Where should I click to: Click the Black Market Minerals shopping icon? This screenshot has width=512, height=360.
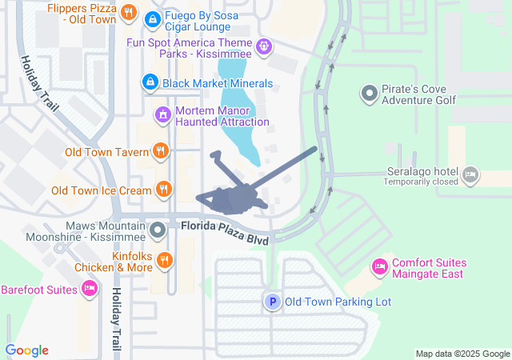pyautogui.click(x=150, y=82)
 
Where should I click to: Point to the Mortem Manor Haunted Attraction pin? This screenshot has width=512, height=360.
pyautogui.click(x=163, y=115)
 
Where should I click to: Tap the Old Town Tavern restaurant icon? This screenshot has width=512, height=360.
pyautogui.click(x=162, y=151)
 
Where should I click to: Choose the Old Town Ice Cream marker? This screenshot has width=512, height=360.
pyautogui.click(x=163, y=190)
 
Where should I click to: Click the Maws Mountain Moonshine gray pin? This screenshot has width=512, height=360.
pyautogui.click(x=158, y=230)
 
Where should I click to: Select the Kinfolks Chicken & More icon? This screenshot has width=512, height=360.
pyautogui.click(x=164, y=260)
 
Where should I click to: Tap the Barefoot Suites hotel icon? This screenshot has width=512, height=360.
pyautogui.click(x=90, y=289)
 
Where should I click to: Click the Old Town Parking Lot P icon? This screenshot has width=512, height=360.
pyautogui.click(x=273, y=302)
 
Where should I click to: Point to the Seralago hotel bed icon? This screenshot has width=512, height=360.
pyautogui.click(x=470, y=173)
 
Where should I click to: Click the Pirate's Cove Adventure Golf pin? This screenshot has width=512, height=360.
pyautogui.click(x=369, y=94)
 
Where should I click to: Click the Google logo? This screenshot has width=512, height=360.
pyautogui.click(x=26, y=350)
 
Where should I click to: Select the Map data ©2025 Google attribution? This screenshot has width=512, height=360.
pyautogui.click(x=462, y=354)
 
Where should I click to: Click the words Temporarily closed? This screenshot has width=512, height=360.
pyautogui.click(x=420, y=182)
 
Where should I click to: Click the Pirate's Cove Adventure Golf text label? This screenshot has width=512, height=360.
pyautogui.click(x=418, y=94)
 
